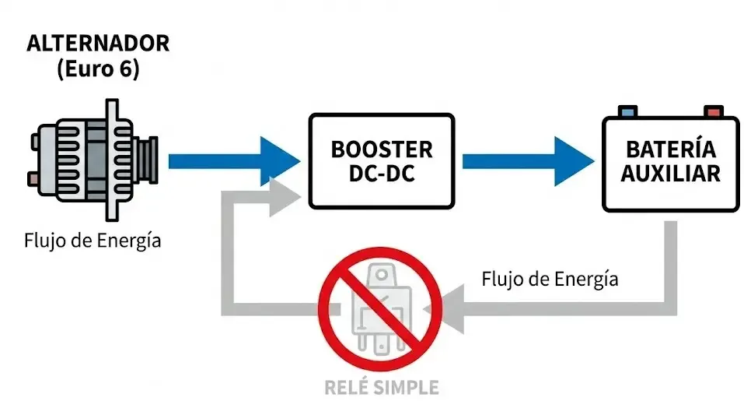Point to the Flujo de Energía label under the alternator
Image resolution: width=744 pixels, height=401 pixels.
click(93, 240)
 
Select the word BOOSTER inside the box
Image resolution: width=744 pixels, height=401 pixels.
click(381, 149)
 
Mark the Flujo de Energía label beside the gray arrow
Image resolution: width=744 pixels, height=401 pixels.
click(550, 278)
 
